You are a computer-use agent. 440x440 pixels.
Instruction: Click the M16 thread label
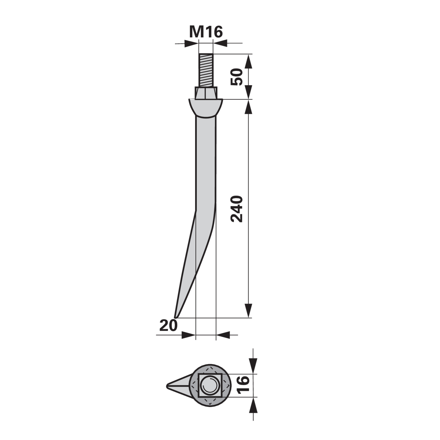[206, 32]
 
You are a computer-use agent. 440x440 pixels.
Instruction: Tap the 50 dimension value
[237, 77]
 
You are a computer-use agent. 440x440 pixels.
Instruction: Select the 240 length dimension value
[237, 209]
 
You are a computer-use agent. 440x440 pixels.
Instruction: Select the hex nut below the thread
[206, 93]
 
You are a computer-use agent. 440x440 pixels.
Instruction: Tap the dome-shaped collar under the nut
[206, 108]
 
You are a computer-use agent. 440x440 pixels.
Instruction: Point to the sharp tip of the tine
[175, 317]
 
